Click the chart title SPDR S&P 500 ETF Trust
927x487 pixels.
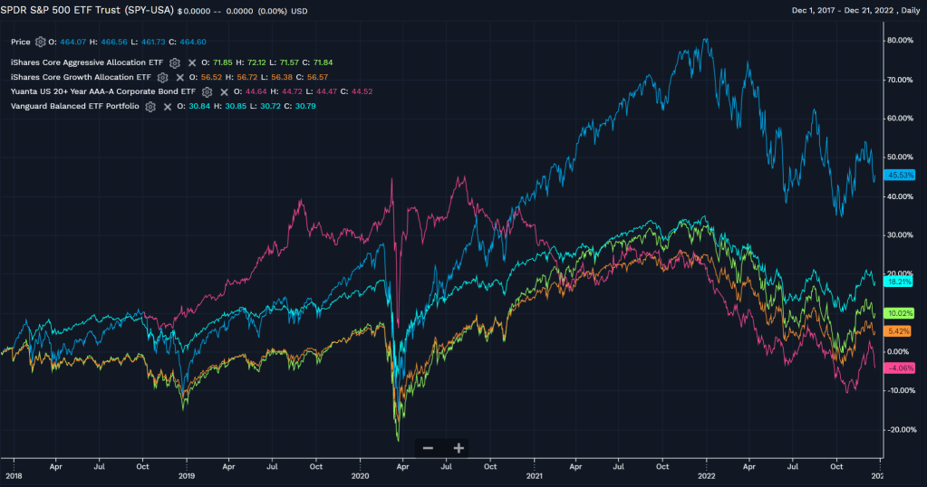click(x=87, y=10)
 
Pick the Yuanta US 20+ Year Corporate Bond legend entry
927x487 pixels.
click(x=102, y=91)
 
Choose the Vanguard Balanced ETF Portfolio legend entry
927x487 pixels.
click(x=74, y=106)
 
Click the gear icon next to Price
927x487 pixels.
click(x=41, y=42)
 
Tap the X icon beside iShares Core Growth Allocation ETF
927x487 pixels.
click(x=179, y=77)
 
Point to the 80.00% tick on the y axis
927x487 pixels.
click(x=900, y=40)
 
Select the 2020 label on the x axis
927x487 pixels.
click(x=360, y=475)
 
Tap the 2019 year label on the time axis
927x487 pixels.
click(x=186, y=475)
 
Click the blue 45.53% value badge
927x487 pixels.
click(x=901, y=176)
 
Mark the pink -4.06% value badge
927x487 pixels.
click(x=901, y=368)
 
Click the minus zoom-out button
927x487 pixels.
click(x=428, y=448)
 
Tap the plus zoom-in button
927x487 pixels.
click(x=459, y=448)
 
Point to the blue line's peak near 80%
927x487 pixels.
click(x=706, y=40)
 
